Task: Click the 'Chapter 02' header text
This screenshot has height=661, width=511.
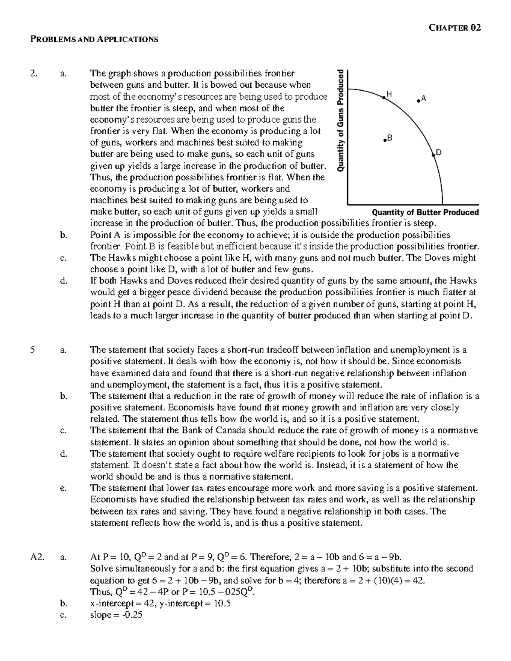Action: tap(455, 28)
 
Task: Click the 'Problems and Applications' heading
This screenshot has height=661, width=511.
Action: tap(94, 40)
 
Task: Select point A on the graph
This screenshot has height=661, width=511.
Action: tap(419, 100)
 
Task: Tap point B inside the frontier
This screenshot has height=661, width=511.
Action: tap(384, 140)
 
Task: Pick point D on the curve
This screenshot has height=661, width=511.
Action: tap(434, 155)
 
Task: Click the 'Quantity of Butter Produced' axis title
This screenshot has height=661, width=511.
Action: tap(425, 212)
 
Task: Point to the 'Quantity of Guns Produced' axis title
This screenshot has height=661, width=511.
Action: tap(340, 120)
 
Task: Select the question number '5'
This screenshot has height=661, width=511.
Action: tap(32, 350)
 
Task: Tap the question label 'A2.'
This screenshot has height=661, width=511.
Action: tap(36, 557)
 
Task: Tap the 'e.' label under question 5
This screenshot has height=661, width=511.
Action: tap(63, 488)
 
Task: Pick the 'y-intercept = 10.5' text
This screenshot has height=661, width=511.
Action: tap(192, 603)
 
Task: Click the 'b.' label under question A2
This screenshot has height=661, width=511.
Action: tap(63, 603)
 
